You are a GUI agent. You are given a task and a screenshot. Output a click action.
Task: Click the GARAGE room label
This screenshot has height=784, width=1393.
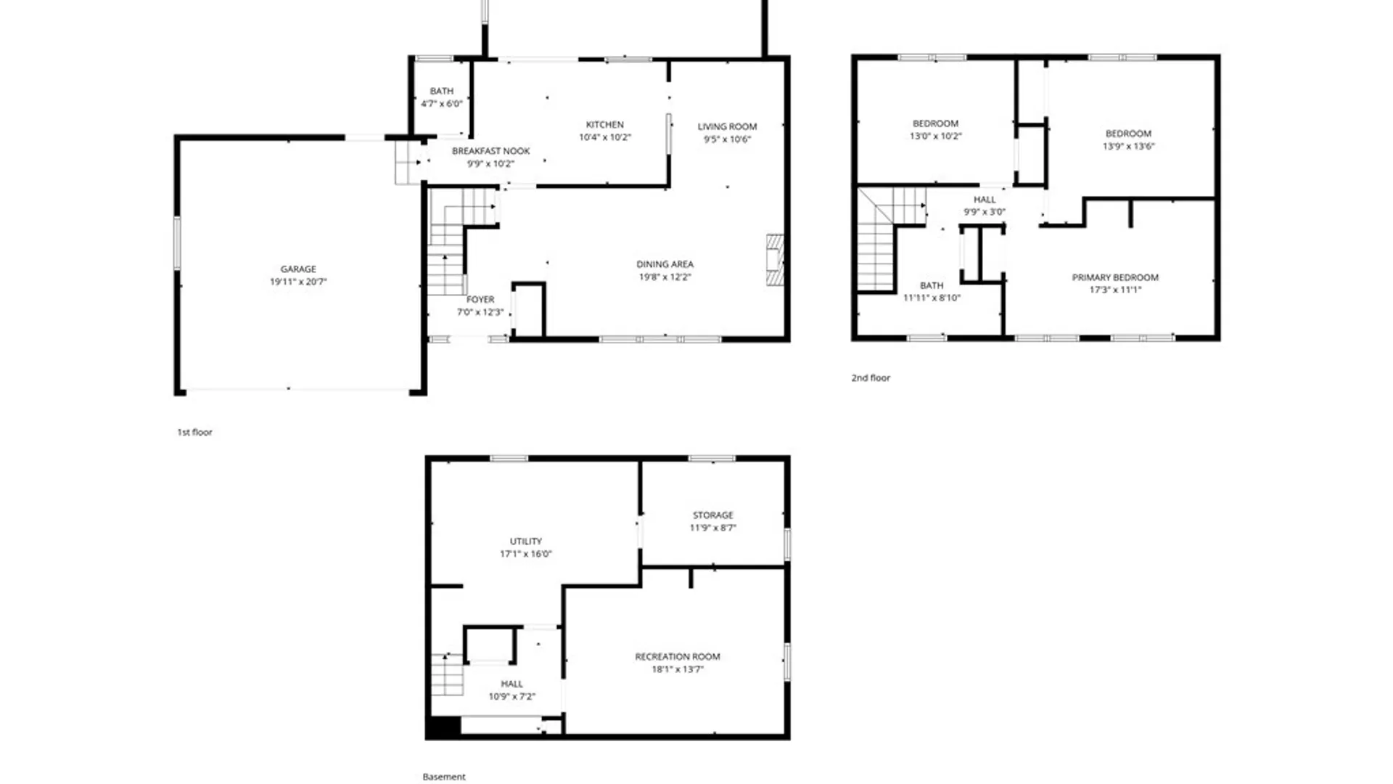pyautogui.click(x=298, y=269)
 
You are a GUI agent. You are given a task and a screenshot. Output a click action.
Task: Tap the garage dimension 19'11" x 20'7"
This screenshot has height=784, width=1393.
pyautogui.click(x=298, y=282)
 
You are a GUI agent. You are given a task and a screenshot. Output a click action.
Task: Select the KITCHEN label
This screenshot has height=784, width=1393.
pyautogui.click(x=604, y=125)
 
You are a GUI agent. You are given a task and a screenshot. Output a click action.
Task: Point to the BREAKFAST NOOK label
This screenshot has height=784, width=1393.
pyautogui.click(x=490, y=151)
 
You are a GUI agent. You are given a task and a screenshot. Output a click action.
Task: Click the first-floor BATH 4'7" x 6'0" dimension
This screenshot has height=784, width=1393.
pyautogui.click(x=441, y=104)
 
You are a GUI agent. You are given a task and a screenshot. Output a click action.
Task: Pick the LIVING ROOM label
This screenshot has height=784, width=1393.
pyautogui.click(x=727, y=126)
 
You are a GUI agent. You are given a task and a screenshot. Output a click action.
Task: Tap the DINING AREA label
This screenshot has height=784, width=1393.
pyautogui.click(x=665, y=264)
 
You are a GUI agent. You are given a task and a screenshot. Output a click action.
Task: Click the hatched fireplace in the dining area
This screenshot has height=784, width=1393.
pyautogui.click(x=775, y=259)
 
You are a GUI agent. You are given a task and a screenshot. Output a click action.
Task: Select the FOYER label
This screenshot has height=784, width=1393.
pyautogui.click(x=480, y=299)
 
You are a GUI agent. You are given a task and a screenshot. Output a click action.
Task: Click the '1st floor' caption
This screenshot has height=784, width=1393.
pyautogui.click(x=194, y=432)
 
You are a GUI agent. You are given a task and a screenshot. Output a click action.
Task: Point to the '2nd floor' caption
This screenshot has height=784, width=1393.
pyautogui.click(x=870, y=377)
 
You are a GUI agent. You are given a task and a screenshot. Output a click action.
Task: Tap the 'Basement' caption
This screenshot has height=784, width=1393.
pyautogui.click(x=443, y=777)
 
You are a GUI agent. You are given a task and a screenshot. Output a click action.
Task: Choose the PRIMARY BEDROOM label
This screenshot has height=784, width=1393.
pyautogui.click(x=1115, y=277)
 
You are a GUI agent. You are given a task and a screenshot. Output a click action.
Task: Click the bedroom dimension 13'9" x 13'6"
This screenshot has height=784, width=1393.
pyautogui.click(x=1128, y=146)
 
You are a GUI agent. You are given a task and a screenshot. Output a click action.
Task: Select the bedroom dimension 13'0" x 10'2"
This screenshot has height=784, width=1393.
pyautogui.click(x=935, y=136)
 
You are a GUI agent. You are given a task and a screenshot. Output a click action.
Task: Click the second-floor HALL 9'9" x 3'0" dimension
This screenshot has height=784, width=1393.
pyautogui.click(x=984, y=212)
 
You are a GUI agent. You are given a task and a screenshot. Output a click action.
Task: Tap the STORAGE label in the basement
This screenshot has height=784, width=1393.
pyautogui.click(x=712, y=515)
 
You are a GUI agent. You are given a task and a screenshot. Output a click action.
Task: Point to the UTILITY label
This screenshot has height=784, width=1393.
pyautogui.click(x=525, y=542)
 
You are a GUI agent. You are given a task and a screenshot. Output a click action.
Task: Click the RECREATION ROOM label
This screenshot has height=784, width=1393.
pyautogui.click(x=677, y=657)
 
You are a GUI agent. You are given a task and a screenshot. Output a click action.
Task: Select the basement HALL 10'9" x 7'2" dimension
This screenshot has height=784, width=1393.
pyautogui.click(x=511, y=696)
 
